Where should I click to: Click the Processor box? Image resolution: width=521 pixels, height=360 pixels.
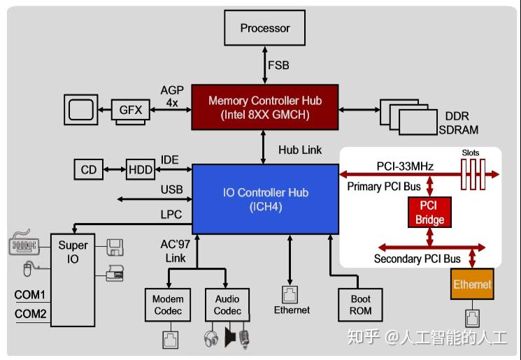265,29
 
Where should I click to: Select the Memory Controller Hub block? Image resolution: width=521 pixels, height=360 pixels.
265,107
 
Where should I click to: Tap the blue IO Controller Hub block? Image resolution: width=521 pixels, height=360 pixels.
266,199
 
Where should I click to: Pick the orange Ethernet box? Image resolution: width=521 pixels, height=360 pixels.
472,285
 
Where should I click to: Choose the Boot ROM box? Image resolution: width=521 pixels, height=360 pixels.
361,305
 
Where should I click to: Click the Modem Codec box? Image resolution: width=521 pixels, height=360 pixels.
168,305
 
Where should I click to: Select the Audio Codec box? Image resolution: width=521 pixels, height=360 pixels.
227,305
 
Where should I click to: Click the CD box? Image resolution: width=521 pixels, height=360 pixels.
88,169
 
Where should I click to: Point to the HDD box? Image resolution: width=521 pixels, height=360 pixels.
141,169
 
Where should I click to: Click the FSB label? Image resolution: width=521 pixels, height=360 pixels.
278,66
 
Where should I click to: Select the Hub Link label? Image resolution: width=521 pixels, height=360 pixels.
300,150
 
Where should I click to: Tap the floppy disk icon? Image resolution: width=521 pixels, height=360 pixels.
115,246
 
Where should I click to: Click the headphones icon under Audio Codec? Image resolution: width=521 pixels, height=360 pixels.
210,339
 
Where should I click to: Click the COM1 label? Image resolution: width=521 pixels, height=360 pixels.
30,295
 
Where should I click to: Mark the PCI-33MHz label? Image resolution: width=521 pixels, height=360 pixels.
405,166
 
